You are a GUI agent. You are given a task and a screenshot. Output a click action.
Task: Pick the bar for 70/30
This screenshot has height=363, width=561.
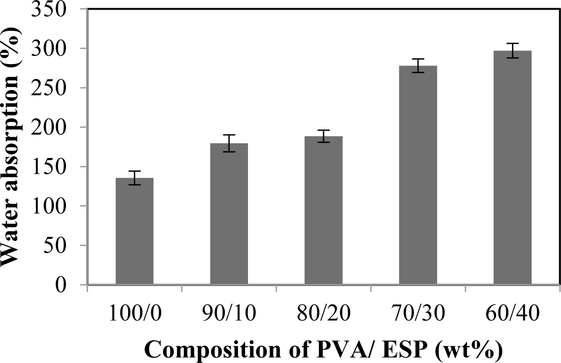click(418, 175)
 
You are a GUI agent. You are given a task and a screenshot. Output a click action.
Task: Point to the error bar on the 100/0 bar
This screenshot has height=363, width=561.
click(134, 178)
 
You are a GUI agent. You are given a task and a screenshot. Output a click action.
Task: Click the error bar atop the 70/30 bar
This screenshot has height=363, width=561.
click(418, 65)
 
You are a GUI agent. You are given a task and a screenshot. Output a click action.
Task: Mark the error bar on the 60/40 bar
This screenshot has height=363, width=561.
click(512, 51)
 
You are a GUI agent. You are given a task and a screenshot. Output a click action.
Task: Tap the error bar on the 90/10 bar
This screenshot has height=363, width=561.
click(229, 143)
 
